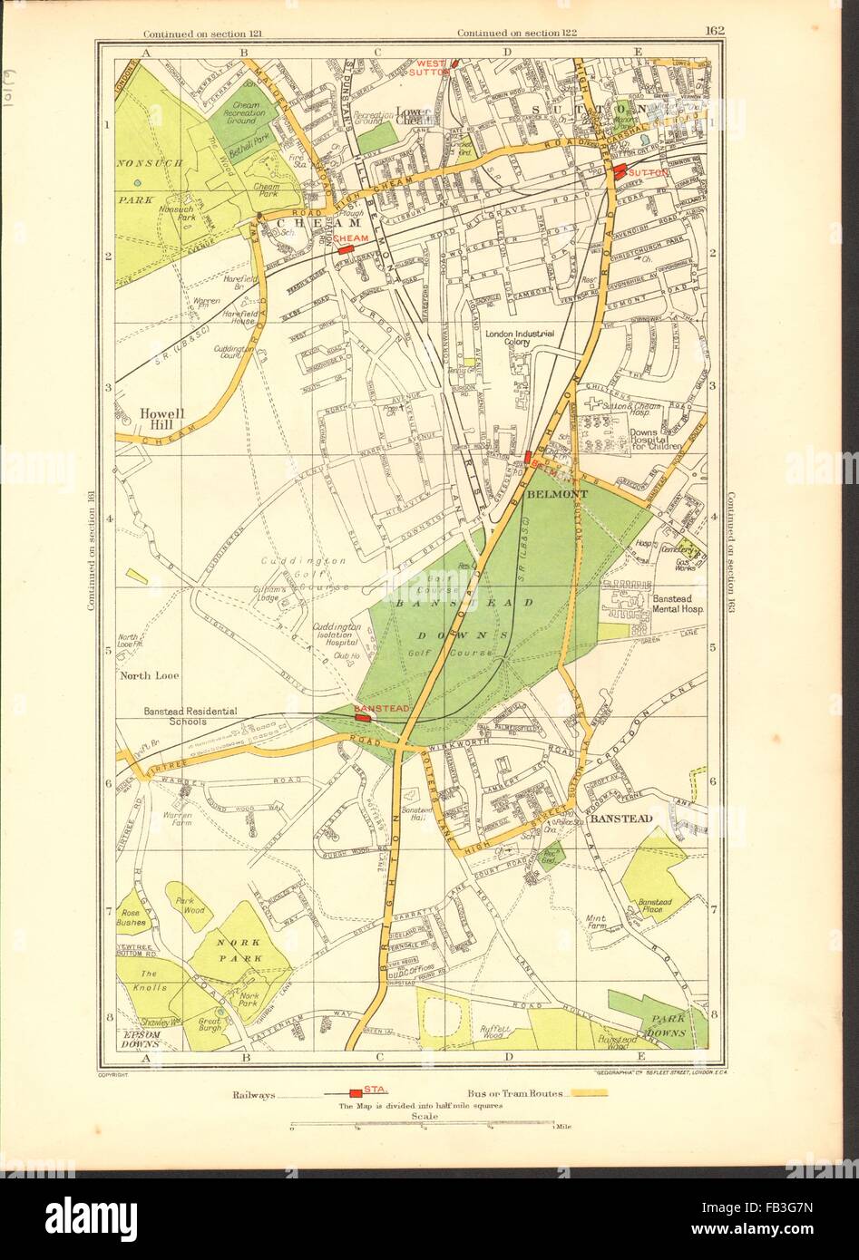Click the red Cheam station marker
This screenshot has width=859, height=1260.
[x=344, y=247]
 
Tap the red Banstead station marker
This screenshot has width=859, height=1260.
[x=363, y=717]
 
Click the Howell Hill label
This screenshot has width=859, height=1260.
[x=163, y=420]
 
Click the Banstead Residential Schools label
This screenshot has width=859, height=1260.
[x=190, y=716]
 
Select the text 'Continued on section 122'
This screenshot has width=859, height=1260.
[x=507, y=34]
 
